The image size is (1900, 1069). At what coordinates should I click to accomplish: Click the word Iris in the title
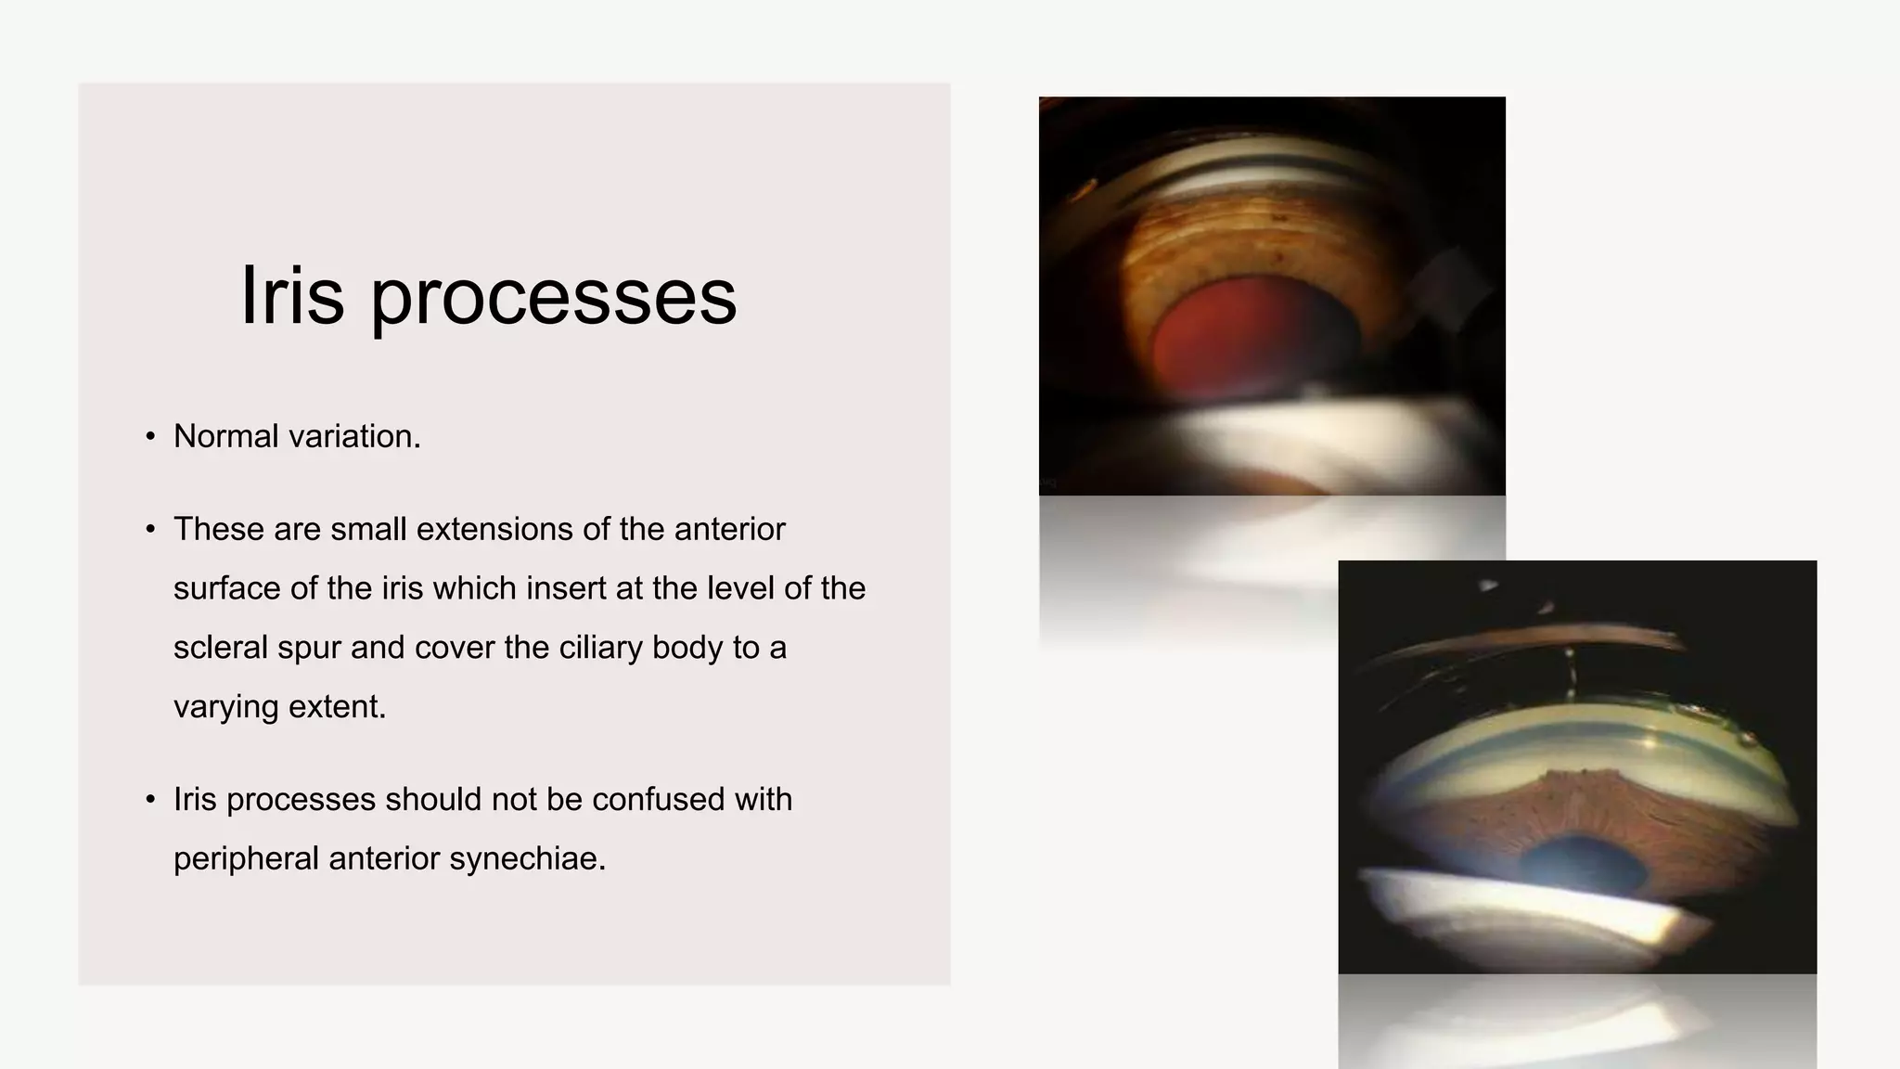click(x=291, y=296)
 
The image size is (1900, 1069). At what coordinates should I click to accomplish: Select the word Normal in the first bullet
click(x=225, y=436)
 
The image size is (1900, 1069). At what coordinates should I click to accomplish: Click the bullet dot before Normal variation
click(x=150, y=437)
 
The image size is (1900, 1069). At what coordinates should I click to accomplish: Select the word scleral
click(x=220, y=647)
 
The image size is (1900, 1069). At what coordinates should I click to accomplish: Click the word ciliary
click(x=600, y=647)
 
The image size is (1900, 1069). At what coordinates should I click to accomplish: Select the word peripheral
click(x=246, y=859)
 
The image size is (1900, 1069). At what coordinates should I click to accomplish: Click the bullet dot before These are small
click(x=150, y=530)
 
